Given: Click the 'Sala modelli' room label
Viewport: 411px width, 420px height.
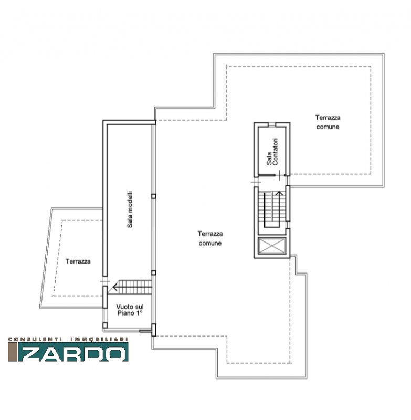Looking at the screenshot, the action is coord(130,209).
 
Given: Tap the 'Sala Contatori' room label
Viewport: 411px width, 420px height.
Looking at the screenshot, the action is coord(272,152).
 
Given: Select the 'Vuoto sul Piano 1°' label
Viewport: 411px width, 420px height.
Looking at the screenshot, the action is coord(130,310).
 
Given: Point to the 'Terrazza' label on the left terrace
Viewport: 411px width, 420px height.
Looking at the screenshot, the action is coord(78,261).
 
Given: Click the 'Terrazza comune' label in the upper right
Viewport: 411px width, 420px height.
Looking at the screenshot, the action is coord(328,122).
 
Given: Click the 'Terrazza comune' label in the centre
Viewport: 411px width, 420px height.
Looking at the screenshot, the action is coord(210,238).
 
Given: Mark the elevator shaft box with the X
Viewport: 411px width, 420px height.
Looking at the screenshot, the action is coord(272,246).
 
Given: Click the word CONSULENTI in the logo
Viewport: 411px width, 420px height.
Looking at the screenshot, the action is coord(35,339).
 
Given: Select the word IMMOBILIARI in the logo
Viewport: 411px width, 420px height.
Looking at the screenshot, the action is coord(99,339).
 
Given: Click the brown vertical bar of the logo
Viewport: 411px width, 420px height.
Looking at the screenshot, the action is coord(13,352).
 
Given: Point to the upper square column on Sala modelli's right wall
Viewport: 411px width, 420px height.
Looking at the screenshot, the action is coord(153,196).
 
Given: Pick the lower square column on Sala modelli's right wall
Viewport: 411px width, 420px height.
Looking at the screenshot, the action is coord(153,272).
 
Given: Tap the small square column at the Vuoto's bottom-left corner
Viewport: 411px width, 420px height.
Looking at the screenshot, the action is coord(105,325).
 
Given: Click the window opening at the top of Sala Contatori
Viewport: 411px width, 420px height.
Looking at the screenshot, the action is coord(272,124).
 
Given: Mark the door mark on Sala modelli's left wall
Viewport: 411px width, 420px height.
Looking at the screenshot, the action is coord(104,281).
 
